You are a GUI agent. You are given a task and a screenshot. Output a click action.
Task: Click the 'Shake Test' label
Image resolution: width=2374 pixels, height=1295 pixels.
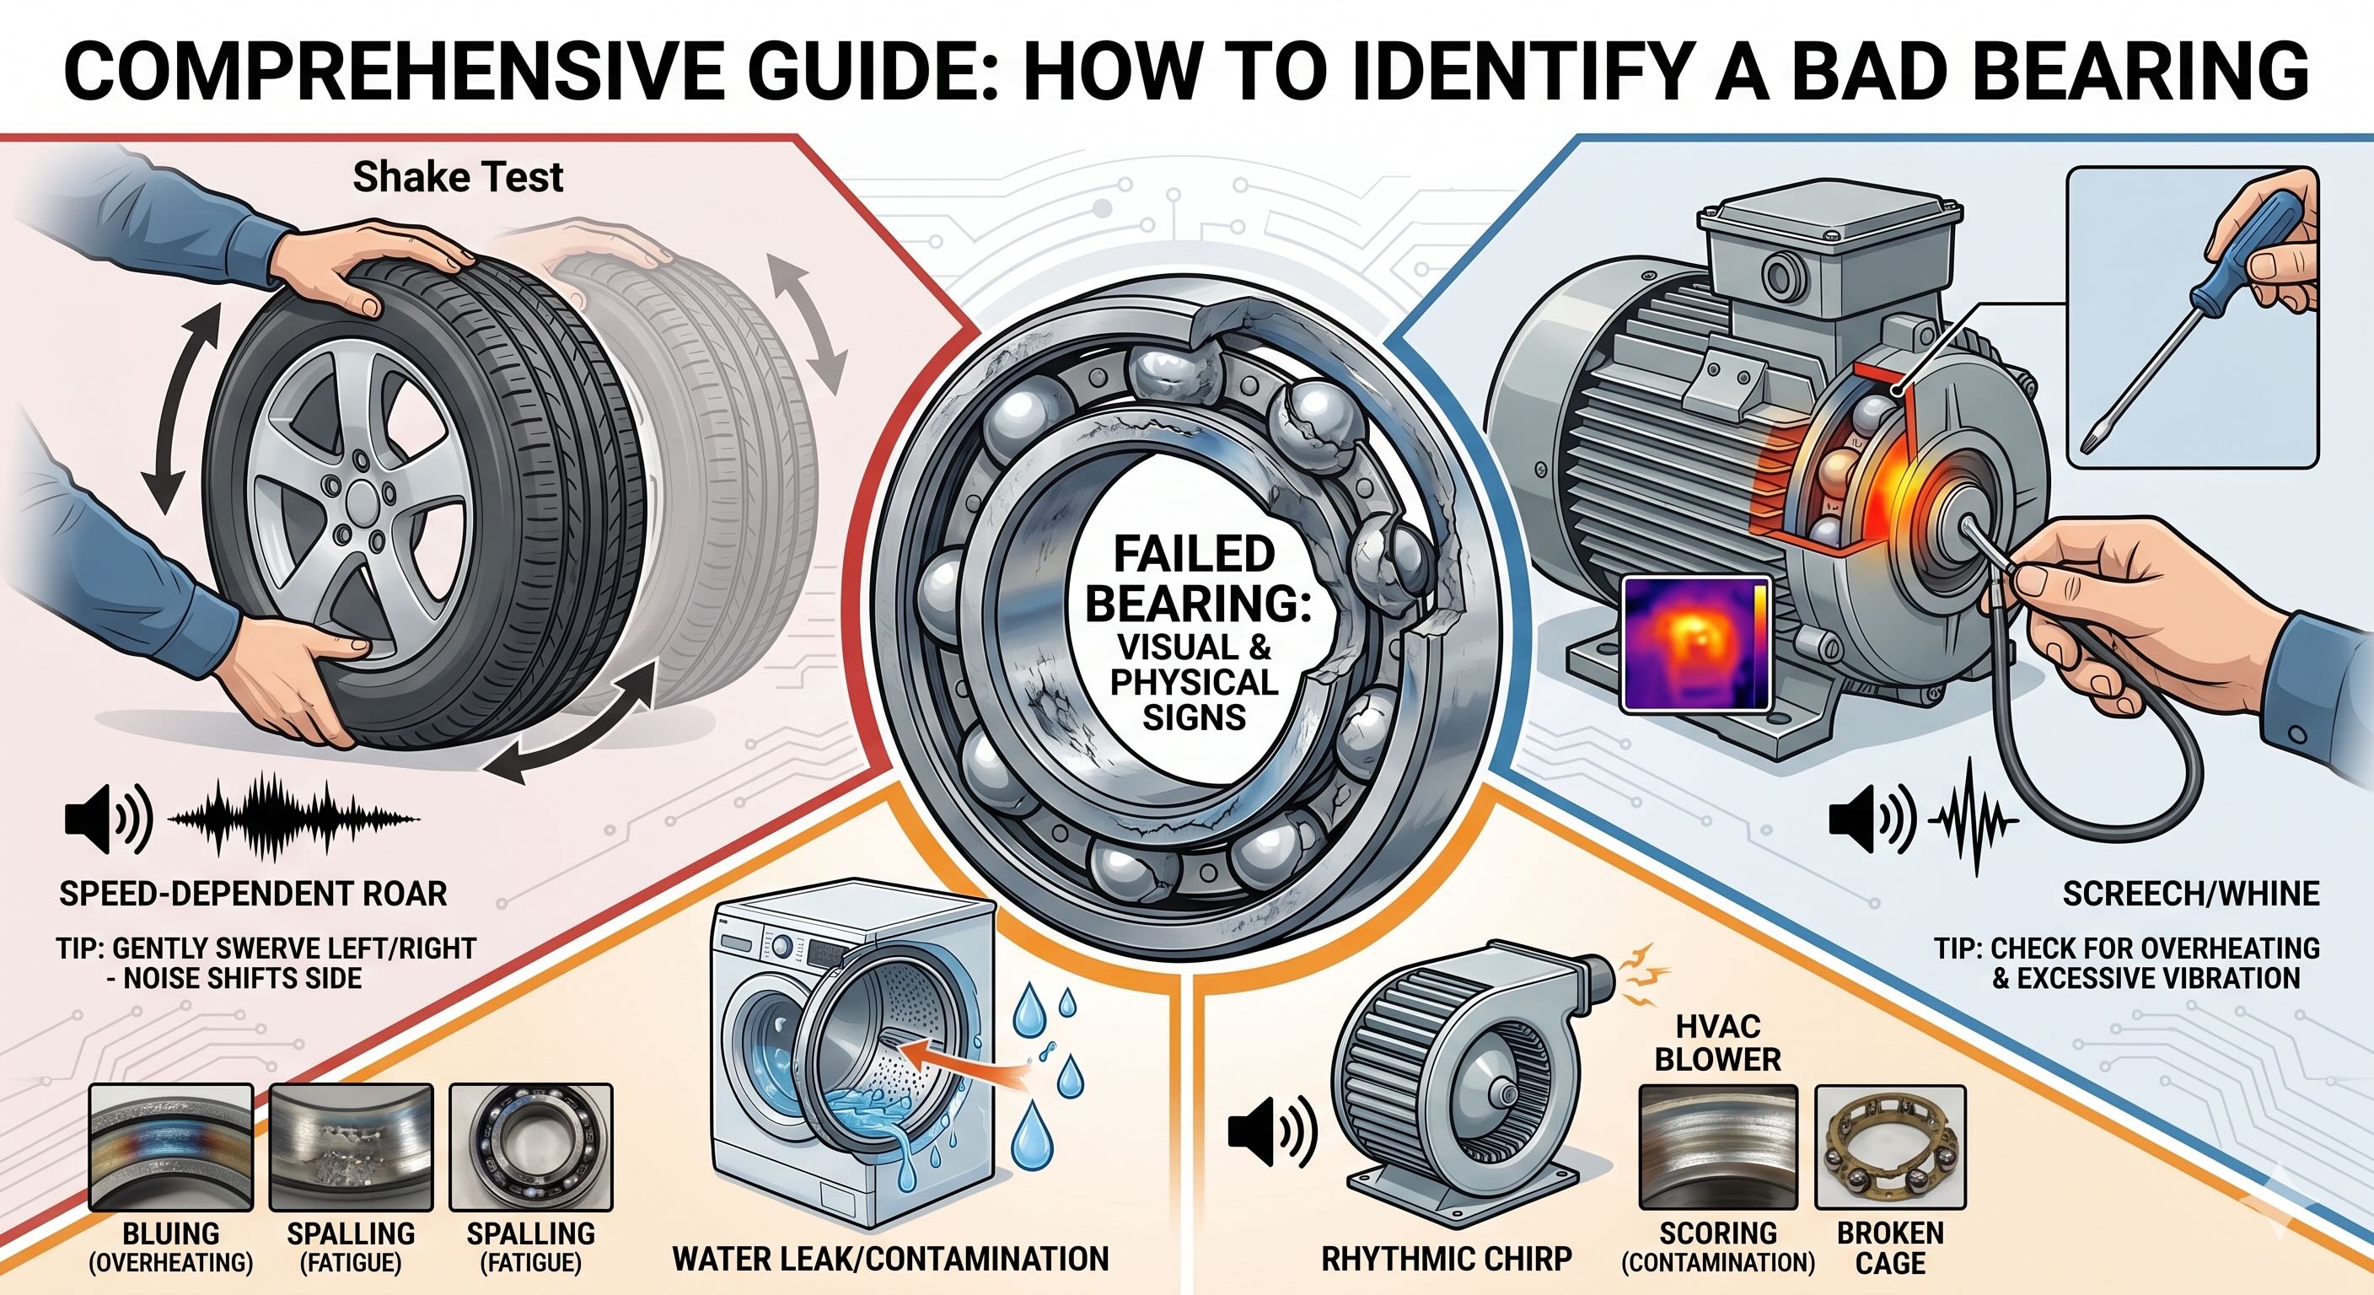coord(457,177)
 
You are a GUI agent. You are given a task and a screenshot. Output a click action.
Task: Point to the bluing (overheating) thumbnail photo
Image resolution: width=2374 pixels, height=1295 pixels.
coord(171,1147)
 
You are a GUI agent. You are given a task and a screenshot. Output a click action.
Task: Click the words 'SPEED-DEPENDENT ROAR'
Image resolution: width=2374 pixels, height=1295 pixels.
coord(254,893)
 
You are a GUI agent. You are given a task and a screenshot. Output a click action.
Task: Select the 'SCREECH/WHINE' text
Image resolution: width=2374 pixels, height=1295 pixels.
coord(2190,893)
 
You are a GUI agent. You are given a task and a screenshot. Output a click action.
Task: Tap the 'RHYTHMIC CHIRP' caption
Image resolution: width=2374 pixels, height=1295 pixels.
coord(1446,1258)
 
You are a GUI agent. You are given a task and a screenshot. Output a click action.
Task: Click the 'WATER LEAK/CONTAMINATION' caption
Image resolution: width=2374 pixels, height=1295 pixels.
coord(890,1258)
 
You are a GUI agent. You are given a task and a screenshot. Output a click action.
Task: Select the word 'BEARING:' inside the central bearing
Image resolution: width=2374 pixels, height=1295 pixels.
coord(1197,604)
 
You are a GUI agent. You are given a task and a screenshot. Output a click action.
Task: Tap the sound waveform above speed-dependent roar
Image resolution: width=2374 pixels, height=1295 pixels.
coord(293,818)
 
